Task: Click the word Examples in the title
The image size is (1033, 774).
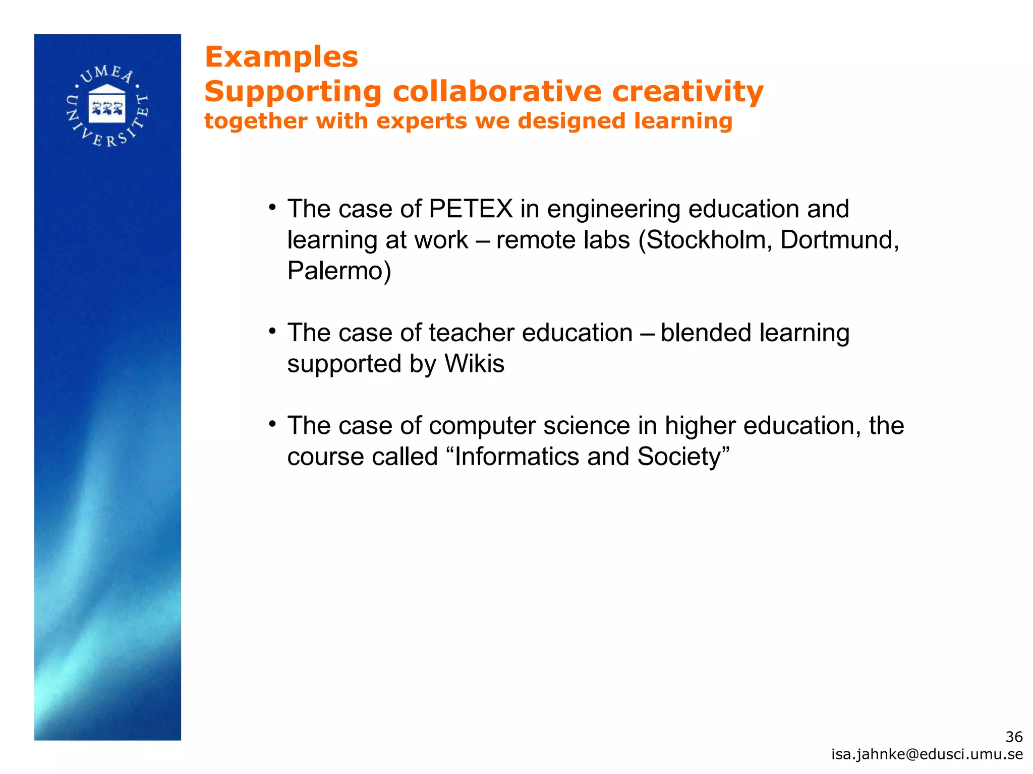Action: [281, 57]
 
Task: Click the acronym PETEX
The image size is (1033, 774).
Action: [471, 209]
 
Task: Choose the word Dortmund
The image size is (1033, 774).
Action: [839, 240]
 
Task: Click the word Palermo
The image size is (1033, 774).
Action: [339, 271]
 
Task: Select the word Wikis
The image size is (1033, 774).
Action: [474, 364]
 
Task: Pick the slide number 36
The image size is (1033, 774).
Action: [1014, 737]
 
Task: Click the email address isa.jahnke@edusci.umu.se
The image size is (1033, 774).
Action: [927, 754]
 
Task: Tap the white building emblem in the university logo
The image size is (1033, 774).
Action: [106, 104]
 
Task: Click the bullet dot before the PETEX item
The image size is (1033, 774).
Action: [272, 208]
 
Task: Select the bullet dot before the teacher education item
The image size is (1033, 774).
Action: [272, 332]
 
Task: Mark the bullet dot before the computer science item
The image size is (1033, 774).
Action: [272, 424]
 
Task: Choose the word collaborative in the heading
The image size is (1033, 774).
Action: [497, 92]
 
